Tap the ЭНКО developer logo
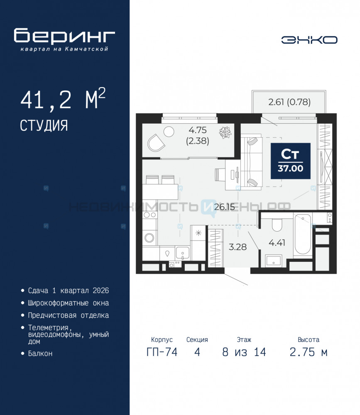(x=309, y=40)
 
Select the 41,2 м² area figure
(x=63, y=99)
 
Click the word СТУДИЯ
(x=44, y=125)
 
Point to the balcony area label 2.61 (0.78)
(x=289, y=102)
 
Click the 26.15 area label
(x=224, y=207)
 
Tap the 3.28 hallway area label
(x=238, y=247)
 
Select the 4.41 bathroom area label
(x=277, y=243)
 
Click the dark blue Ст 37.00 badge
(x=290, y=161)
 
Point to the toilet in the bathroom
(x=277, y=225)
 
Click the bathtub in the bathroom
(x=303, y=234)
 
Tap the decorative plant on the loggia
(x=225, y=132)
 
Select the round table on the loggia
(x=169, y=131)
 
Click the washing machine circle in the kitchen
(x=149, y=238)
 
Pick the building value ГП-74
(x=162, y=352)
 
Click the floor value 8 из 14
(x=244, y=352)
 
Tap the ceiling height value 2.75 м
(x=309, y=352)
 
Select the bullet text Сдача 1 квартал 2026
(x=69, y=290)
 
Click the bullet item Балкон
(x=40, y=354)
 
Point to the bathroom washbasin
(x=274, y=261)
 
